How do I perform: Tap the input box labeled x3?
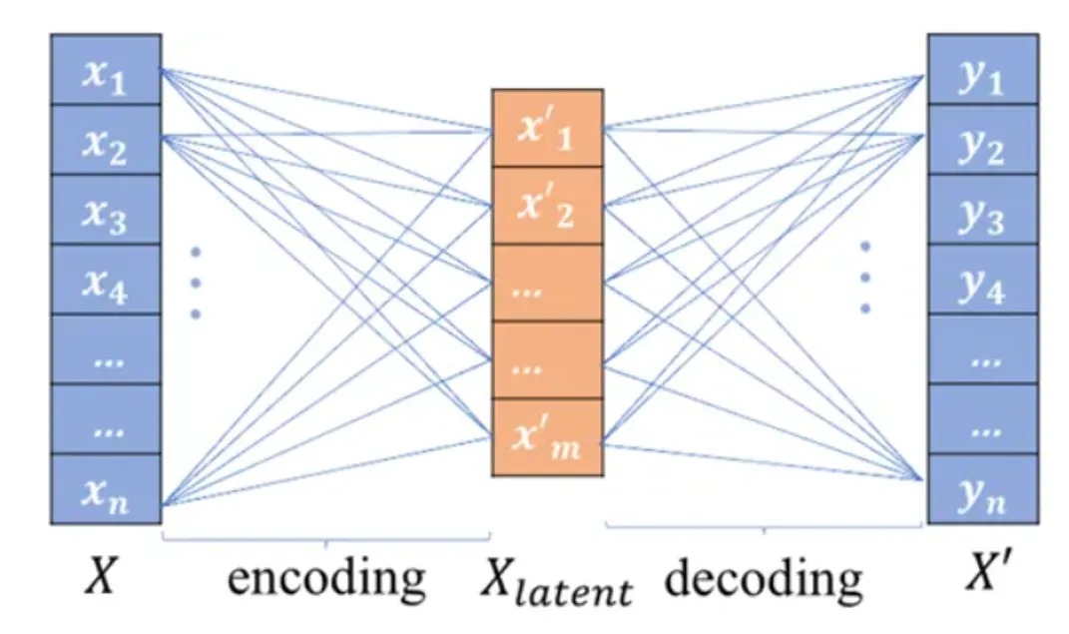click(x=105, y=210)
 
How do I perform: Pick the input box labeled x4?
click(x=105, y=280)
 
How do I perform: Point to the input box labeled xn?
click(x=105, y=489)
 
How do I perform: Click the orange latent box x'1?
click(x=547, y=128)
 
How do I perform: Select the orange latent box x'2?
click(x=547, y=206)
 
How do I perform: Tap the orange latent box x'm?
click(x=547, y=436)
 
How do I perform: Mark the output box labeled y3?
click(x=982, y=210)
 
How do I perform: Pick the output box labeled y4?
click(x=982, y=280)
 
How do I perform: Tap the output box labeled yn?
click(x=982, y=489)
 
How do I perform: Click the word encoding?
click(x=326, y=579)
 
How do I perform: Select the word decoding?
click(x=763, y=579)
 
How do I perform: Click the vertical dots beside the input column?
click(x=196, y=283)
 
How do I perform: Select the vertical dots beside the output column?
click(x=866, y=277)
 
